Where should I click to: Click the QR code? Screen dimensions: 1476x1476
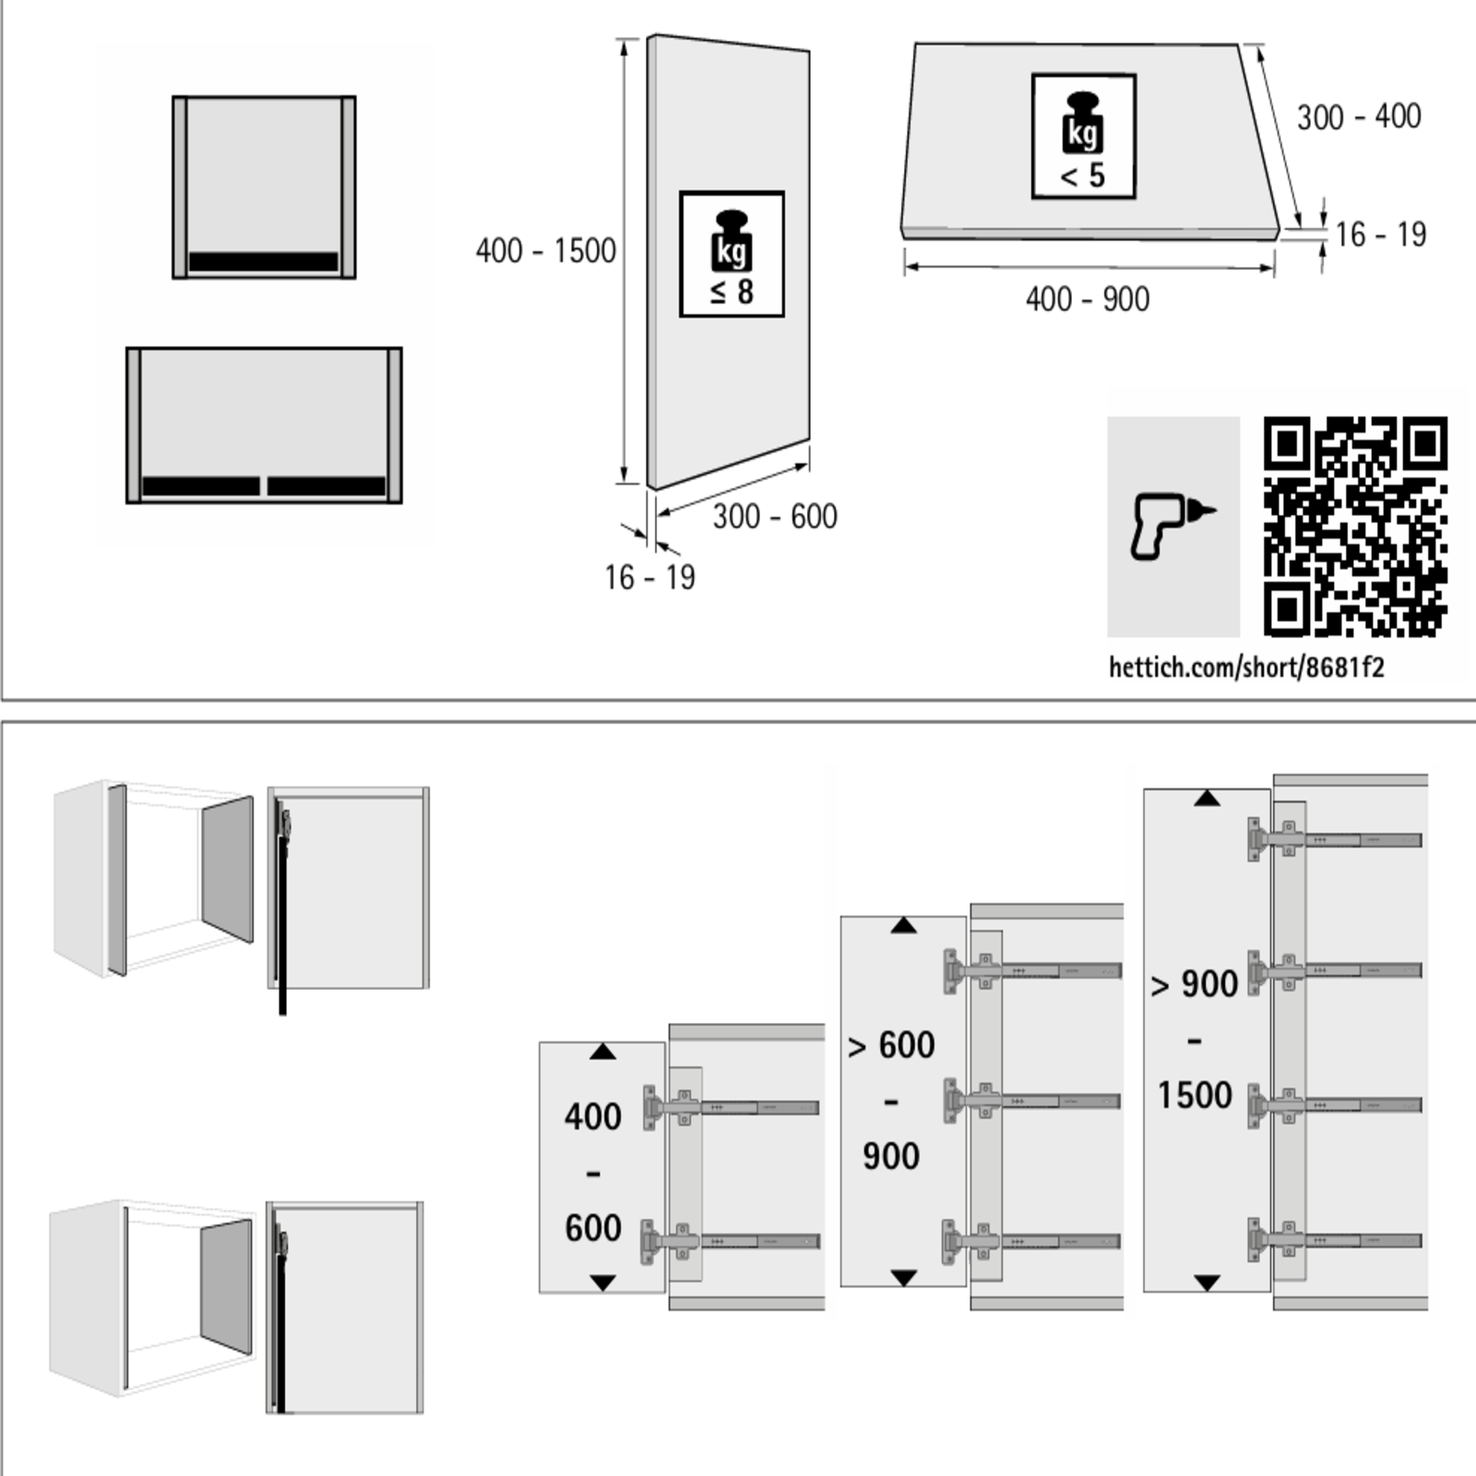(x=1354, y=527)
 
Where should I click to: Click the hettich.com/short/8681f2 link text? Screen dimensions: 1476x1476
(x=1246, y=667)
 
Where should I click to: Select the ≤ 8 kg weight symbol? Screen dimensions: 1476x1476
(x=732, y=255)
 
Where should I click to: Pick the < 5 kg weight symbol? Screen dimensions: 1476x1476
(x=1083, y=137)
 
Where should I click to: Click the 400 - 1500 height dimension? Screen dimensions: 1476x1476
(x=545, y=251)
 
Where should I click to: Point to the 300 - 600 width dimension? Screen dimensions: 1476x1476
(x=775, y=517)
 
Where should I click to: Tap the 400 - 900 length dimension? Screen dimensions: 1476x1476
(x=1088, y=300)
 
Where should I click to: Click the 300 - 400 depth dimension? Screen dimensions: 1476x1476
(x=1359, y=117)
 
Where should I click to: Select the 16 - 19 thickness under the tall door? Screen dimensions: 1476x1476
(x=649, y=578)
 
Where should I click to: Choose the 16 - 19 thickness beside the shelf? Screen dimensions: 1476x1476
(x=1380, y=235)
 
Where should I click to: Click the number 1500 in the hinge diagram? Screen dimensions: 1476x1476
(x=1195, y=1096)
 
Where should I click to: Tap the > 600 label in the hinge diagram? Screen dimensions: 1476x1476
(x=891, y=1046)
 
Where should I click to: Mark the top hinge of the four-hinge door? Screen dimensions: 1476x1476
(x=1276, y=839)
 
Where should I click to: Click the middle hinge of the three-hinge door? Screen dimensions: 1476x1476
(x=973, y=1101)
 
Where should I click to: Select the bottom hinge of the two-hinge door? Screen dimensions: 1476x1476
(x=670, y=1242)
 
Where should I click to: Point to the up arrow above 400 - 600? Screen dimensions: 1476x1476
(x=602, y=1052)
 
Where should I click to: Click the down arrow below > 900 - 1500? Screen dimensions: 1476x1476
(x=1207, y=1282)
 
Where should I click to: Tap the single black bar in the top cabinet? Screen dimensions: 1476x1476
(x=264, y=262)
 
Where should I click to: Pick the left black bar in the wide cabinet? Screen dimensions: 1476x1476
(x=201, y=486)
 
